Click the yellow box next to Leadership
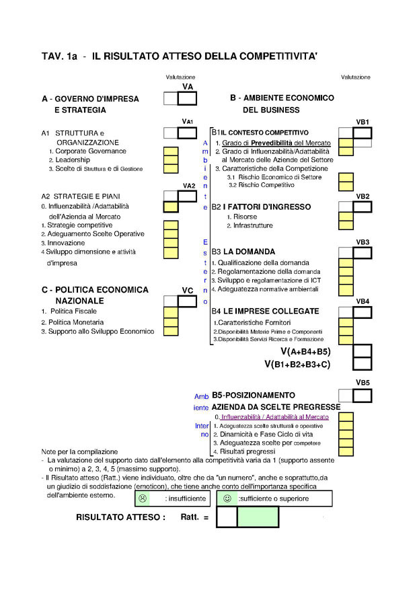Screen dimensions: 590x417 click(171, 161)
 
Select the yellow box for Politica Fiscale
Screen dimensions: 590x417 click(171, 312)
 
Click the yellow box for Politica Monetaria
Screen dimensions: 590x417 click(171, 322)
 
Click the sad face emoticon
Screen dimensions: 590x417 click(143, 499)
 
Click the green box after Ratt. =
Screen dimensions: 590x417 click(258, 517)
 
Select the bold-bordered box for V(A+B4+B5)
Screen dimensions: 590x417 click(363, 351)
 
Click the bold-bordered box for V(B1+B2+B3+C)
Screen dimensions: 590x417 click(363, 364)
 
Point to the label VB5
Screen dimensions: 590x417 click(363, 383)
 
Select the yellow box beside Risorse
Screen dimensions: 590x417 click(346, 217)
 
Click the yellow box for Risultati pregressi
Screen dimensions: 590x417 click(346, 451)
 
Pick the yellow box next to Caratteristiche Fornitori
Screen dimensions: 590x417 click(346, 322)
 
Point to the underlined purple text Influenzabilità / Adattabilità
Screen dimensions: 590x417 click(274, 417)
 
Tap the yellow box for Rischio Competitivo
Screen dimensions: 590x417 click(346, 184)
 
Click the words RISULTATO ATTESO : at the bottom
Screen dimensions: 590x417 click(120, 517)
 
